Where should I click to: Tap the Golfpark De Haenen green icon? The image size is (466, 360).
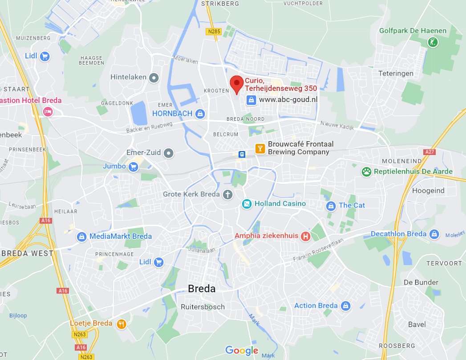pos(433,42)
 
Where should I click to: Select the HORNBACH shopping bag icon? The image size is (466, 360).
pos(200,114)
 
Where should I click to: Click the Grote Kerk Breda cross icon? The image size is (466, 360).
pos(227,194)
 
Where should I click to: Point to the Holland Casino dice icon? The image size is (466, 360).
pos(246,204)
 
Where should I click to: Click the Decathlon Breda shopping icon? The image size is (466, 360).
pos(434,234)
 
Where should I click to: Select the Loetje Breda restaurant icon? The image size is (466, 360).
pos(121,324)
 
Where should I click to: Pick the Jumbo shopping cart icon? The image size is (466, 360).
pos(133,167)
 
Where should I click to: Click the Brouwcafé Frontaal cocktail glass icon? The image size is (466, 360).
pos(260,148)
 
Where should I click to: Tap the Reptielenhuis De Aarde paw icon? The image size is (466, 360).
pos(366,172)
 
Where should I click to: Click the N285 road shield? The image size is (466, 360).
pos(213,32)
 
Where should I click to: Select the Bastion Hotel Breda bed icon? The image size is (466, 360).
pos(48,111)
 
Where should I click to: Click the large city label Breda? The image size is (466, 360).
pos(202,289)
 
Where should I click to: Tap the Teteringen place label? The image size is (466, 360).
pos(396,74)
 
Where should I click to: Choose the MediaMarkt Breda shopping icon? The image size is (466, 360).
pos(81,237)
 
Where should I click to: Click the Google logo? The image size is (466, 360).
pos(242,350)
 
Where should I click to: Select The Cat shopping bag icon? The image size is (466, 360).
pos(331,205)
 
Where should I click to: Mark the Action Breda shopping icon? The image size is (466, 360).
pos(345,306)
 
